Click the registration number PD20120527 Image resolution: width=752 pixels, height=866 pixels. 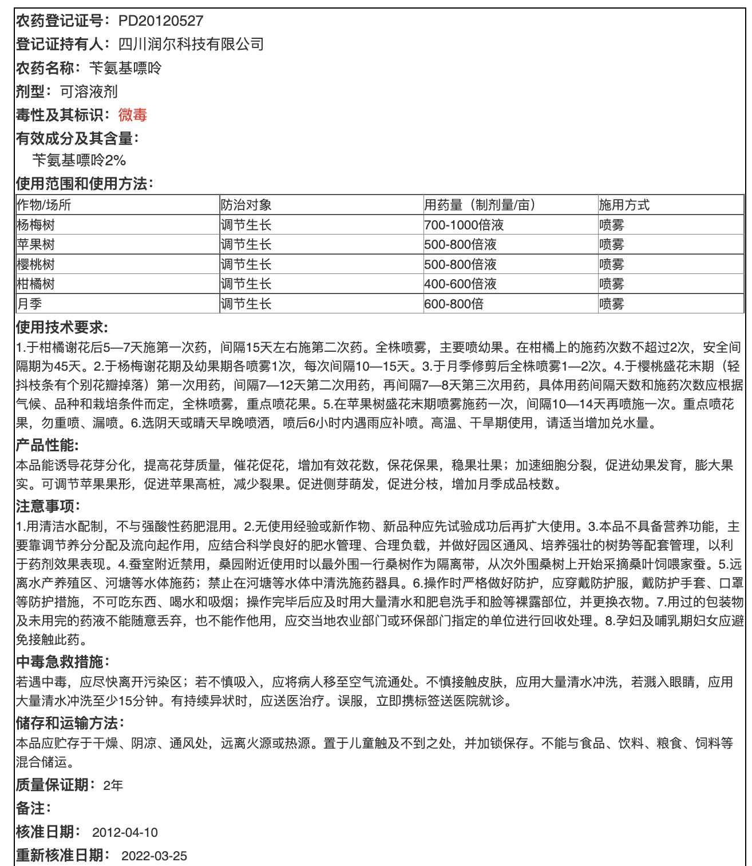click(160, 21)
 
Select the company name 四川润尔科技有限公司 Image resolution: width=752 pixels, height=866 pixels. click(191, 44)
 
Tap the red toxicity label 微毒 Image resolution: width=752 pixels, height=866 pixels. click(133, 115)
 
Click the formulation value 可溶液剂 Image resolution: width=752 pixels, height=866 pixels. click(89, 92)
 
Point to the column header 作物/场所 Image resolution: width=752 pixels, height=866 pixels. click(44, 205)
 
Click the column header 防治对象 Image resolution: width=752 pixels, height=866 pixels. click(246, 205)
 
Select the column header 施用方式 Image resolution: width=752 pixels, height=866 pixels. click(624, 205)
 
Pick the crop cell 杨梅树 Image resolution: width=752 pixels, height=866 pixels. click(36, 225)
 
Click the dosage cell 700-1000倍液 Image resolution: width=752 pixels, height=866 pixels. click(460, 225)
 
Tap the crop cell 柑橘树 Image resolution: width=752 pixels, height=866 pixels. click(36, 284)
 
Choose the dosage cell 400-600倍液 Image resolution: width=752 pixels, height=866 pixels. click(460, 284)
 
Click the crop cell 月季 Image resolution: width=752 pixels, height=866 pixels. click(29, 304)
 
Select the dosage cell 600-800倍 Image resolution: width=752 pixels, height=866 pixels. click(454, 304)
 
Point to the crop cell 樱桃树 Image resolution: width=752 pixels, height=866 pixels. click(36, 264)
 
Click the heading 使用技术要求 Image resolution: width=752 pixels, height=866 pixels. click(62, 327)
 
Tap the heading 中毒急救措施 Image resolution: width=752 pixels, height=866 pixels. click(62, 662)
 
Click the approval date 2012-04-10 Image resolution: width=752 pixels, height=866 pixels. click(125, 832)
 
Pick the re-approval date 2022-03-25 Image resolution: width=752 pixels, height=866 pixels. click(154, 856)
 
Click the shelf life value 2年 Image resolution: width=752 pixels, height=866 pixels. click(113, 785)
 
